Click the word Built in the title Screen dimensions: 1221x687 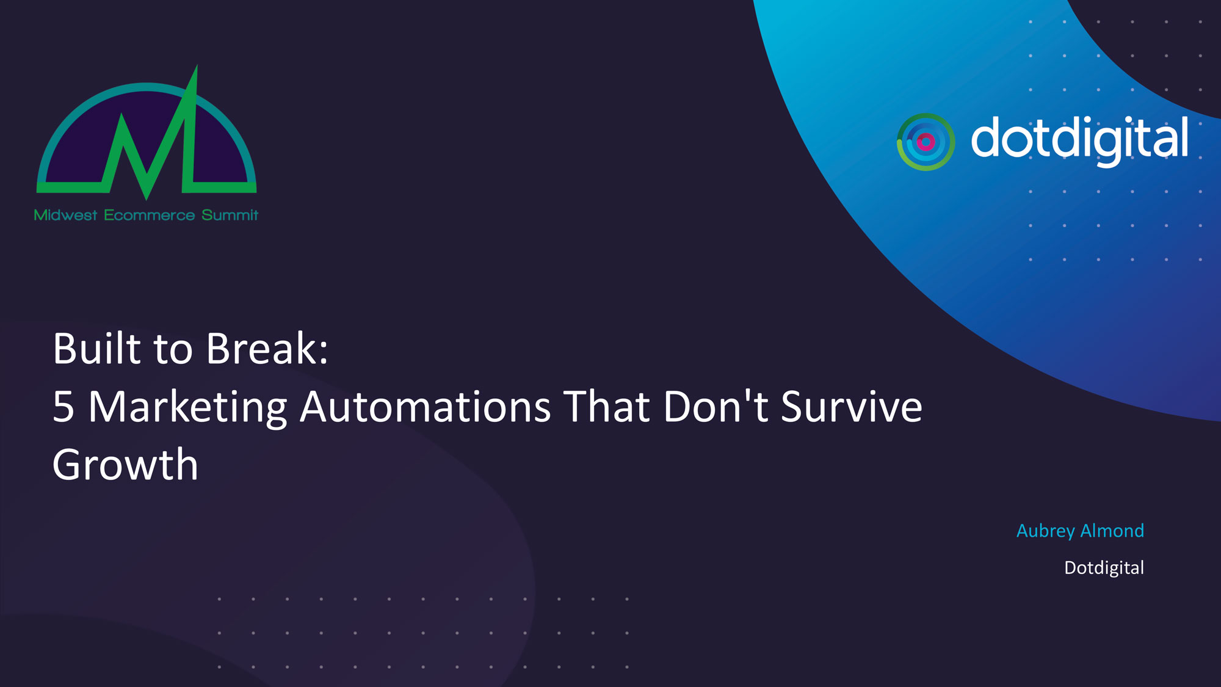pyautogui.click(x=97, y=349)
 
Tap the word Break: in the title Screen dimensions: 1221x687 pyautogui.click(x=267, y=349)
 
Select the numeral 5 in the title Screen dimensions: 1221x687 pyautogui.click(x=63, y=407)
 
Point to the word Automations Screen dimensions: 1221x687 pyautogui.click(x=426, y=407)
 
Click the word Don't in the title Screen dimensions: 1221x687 pyautogui.click(x=716, y=406)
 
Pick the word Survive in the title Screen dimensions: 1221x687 pyautogui.click(x=852, y=407)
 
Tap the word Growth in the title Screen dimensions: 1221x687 pyautogui.click(x=125, y=465)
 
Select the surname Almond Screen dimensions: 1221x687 pyautogui.click(x=1112, y=531)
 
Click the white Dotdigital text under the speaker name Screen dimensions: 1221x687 pyautogui.click(x=1104, y=569)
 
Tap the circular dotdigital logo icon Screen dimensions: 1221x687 pyautogui.click(x=926, y=142)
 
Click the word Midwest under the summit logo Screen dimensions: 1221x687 pyautogui.click(x=65, y=215)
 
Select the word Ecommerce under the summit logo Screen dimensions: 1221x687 pyautogui.click(x=149, y=215)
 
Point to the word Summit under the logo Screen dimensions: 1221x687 pyautogui.click(x=230, y=215)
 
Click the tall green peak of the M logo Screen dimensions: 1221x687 pyautogui.click(x=196, y=68)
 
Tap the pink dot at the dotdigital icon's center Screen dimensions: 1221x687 pyautogui.click(x=926, y=142)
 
